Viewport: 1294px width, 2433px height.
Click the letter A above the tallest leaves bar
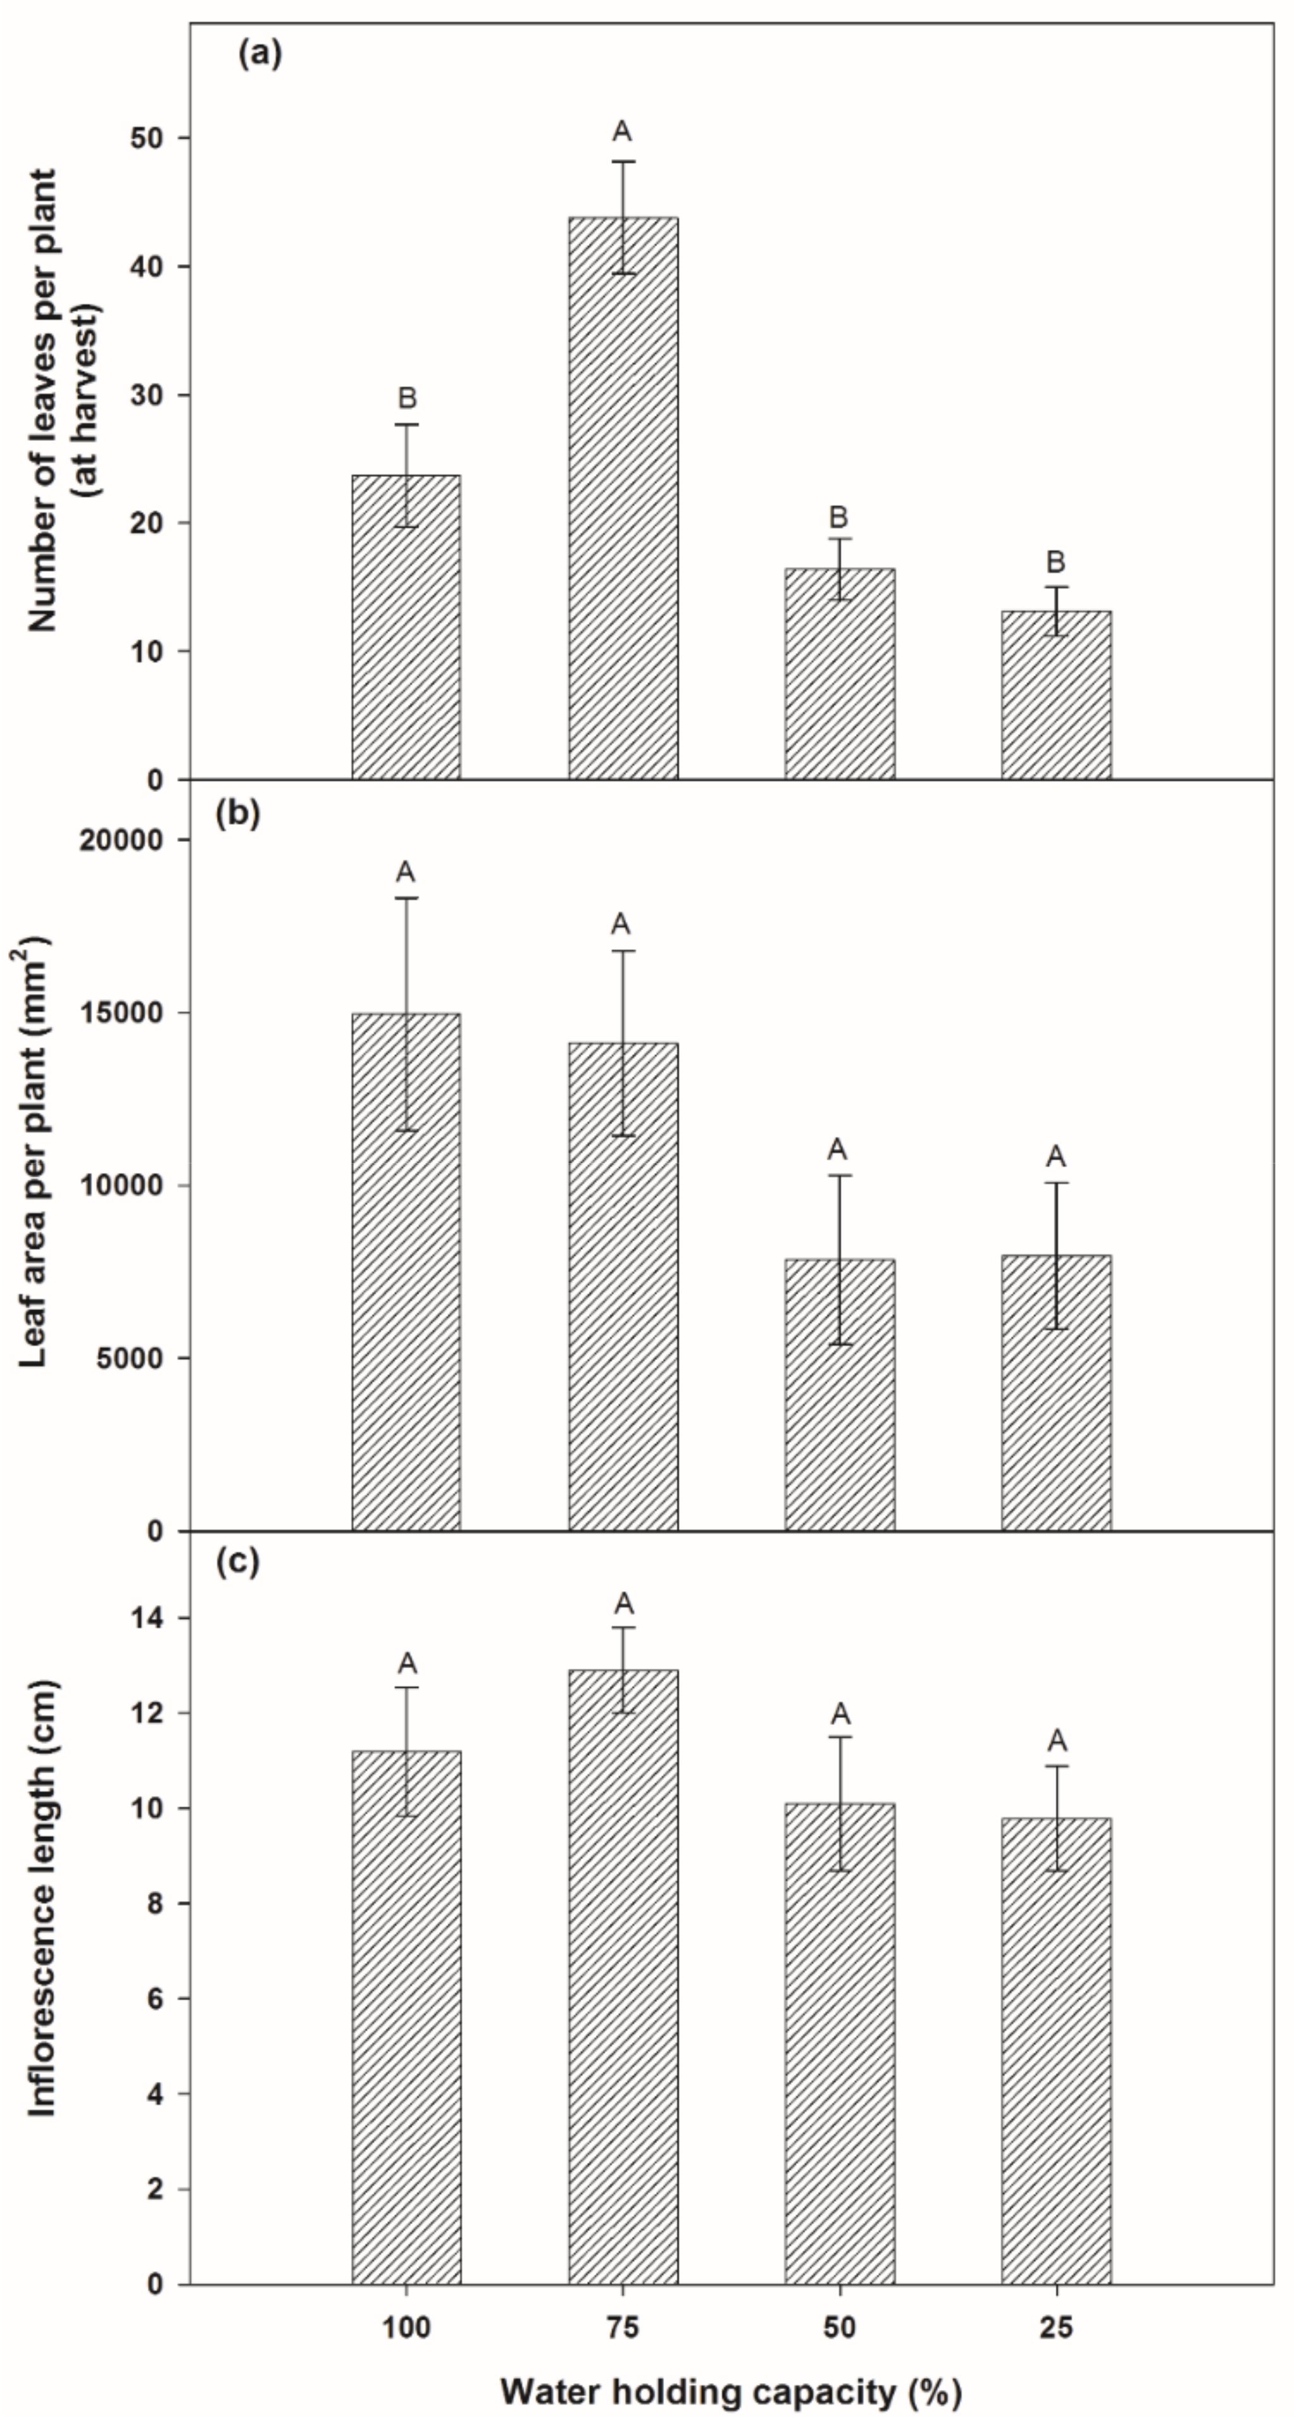(622, 131)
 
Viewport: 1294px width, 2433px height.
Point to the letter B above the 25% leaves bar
(1056, 563)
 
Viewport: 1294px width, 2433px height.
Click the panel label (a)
(260, 54)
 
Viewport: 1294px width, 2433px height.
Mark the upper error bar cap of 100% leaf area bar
(406, 898)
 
